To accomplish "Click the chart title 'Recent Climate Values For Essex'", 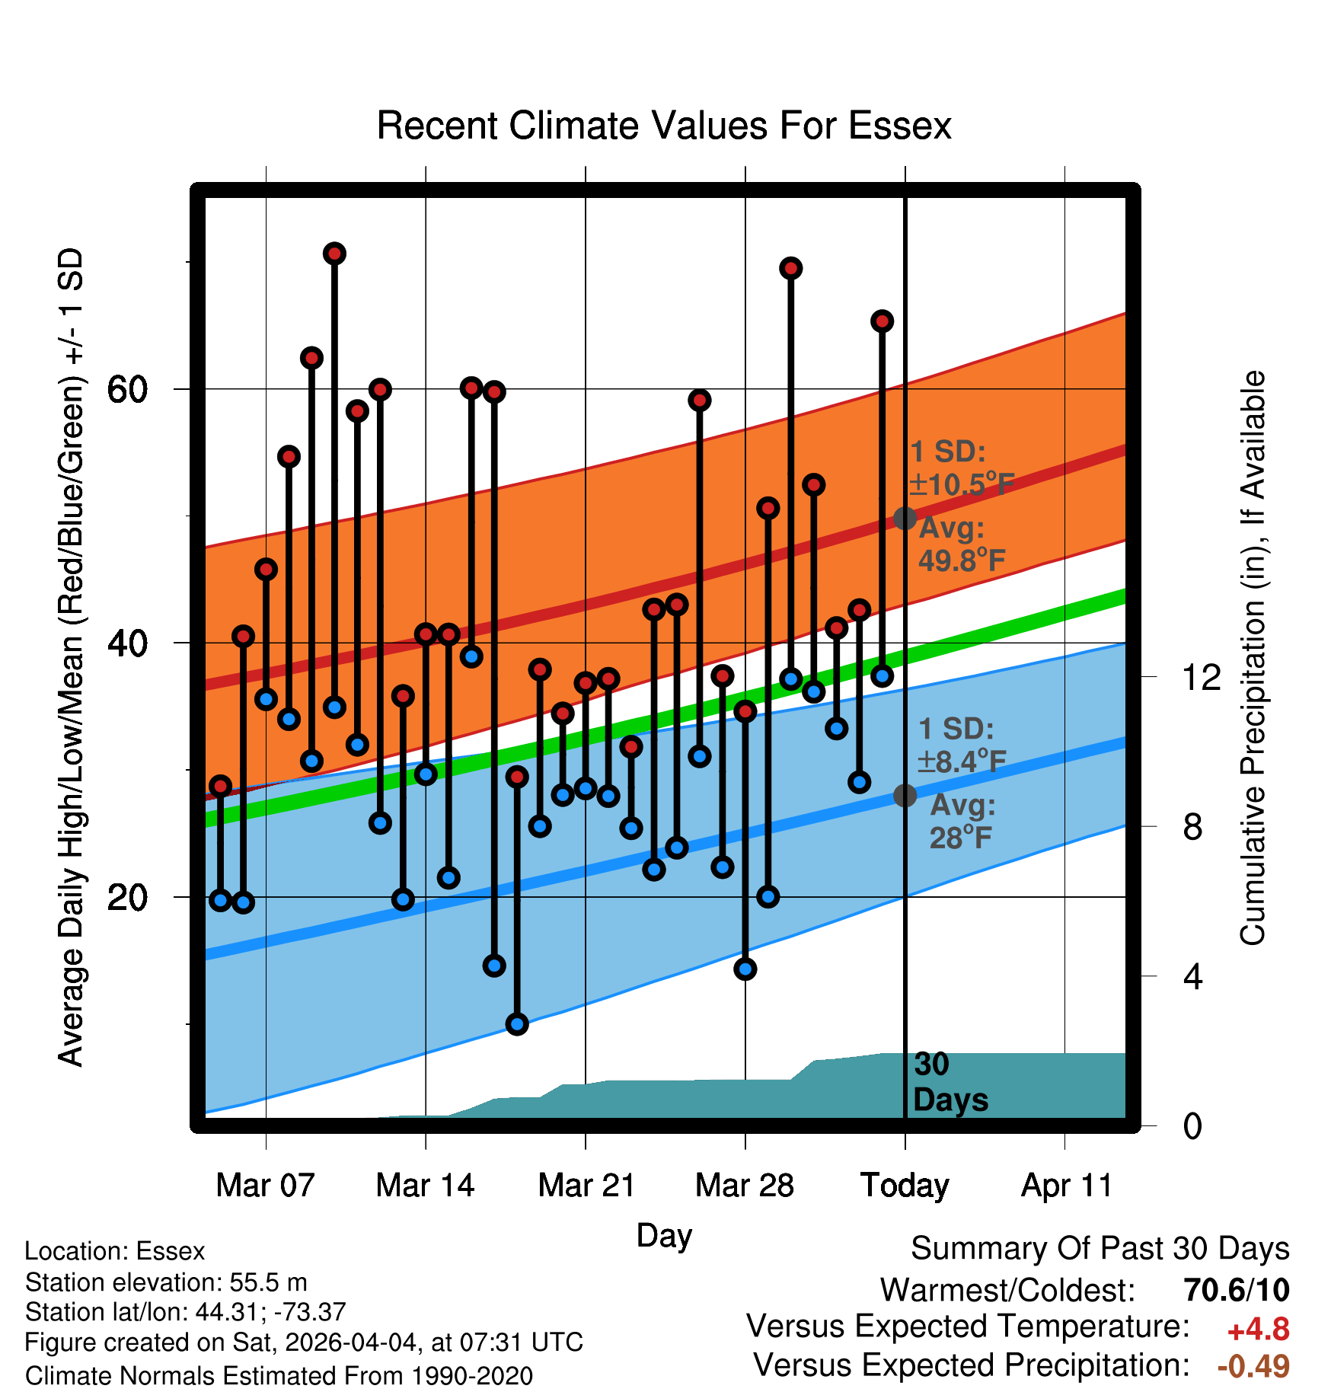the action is coord(664,126).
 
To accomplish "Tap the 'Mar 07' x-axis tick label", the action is coord(265,1186).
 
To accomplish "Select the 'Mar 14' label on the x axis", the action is coord(425,1186).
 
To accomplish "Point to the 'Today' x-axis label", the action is coord(905,1186).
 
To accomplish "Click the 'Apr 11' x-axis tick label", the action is coord(1066,1186).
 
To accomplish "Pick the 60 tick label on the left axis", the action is coord(127,389).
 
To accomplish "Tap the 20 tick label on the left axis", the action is coord(127,897).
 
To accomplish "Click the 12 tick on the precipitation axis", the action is coord(1202,676).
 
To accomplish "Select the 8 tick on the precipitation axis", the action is coord(1193,826).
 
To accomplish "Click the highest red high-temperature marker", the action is coord(334,254).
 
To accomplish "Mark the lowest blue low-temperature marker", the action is coord(517,1024).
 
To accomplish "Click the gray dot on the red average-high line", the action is coord(905,519).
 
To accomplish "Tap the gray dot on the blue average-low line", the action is coord(905,796).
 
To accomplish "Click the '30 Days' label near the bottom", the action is coord(950,1082).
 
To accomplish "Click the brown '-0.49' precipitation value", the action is coord(1253,1366).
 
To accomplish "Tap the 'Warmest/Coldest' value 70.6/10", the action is coord(1237,1290).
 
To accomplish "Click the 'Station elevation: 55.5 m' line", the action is coord(166,1282).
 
